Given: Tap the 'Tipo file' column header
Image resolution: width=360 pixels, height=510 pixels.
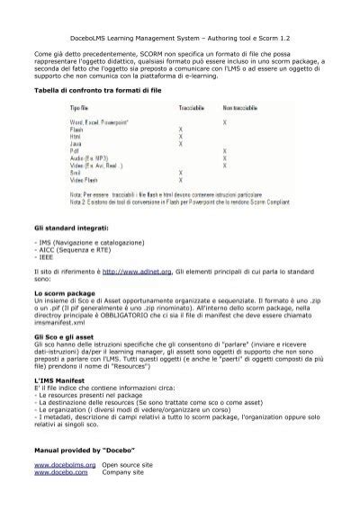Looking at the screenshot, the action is pyautogui.click(x=82, y=108).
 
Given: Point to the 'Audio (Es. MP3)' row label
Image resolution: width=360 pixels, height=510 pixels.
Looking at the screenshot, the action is pyautogui.click(x=93, y=158).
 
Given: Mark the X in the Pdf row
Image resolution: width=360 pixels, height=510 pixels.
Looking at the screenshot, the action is pyautogui.click(x=223, y=150).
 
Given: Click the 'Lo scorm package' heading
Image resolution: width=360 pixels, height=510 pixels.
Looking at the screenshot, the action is pyautogui.click(x=65, y=293).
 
